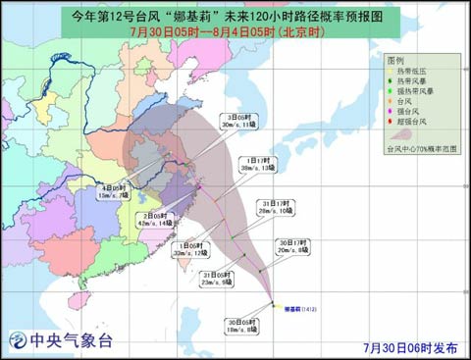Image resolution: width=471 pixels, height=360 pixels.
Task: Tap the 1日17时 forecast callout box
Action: click(258, 164)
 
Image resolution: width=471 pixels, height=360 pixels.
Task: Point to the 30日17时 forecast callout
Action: click(291, 246)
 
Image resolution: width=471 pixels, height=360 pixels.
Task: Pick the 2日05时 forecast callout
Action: click(156, 219)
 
